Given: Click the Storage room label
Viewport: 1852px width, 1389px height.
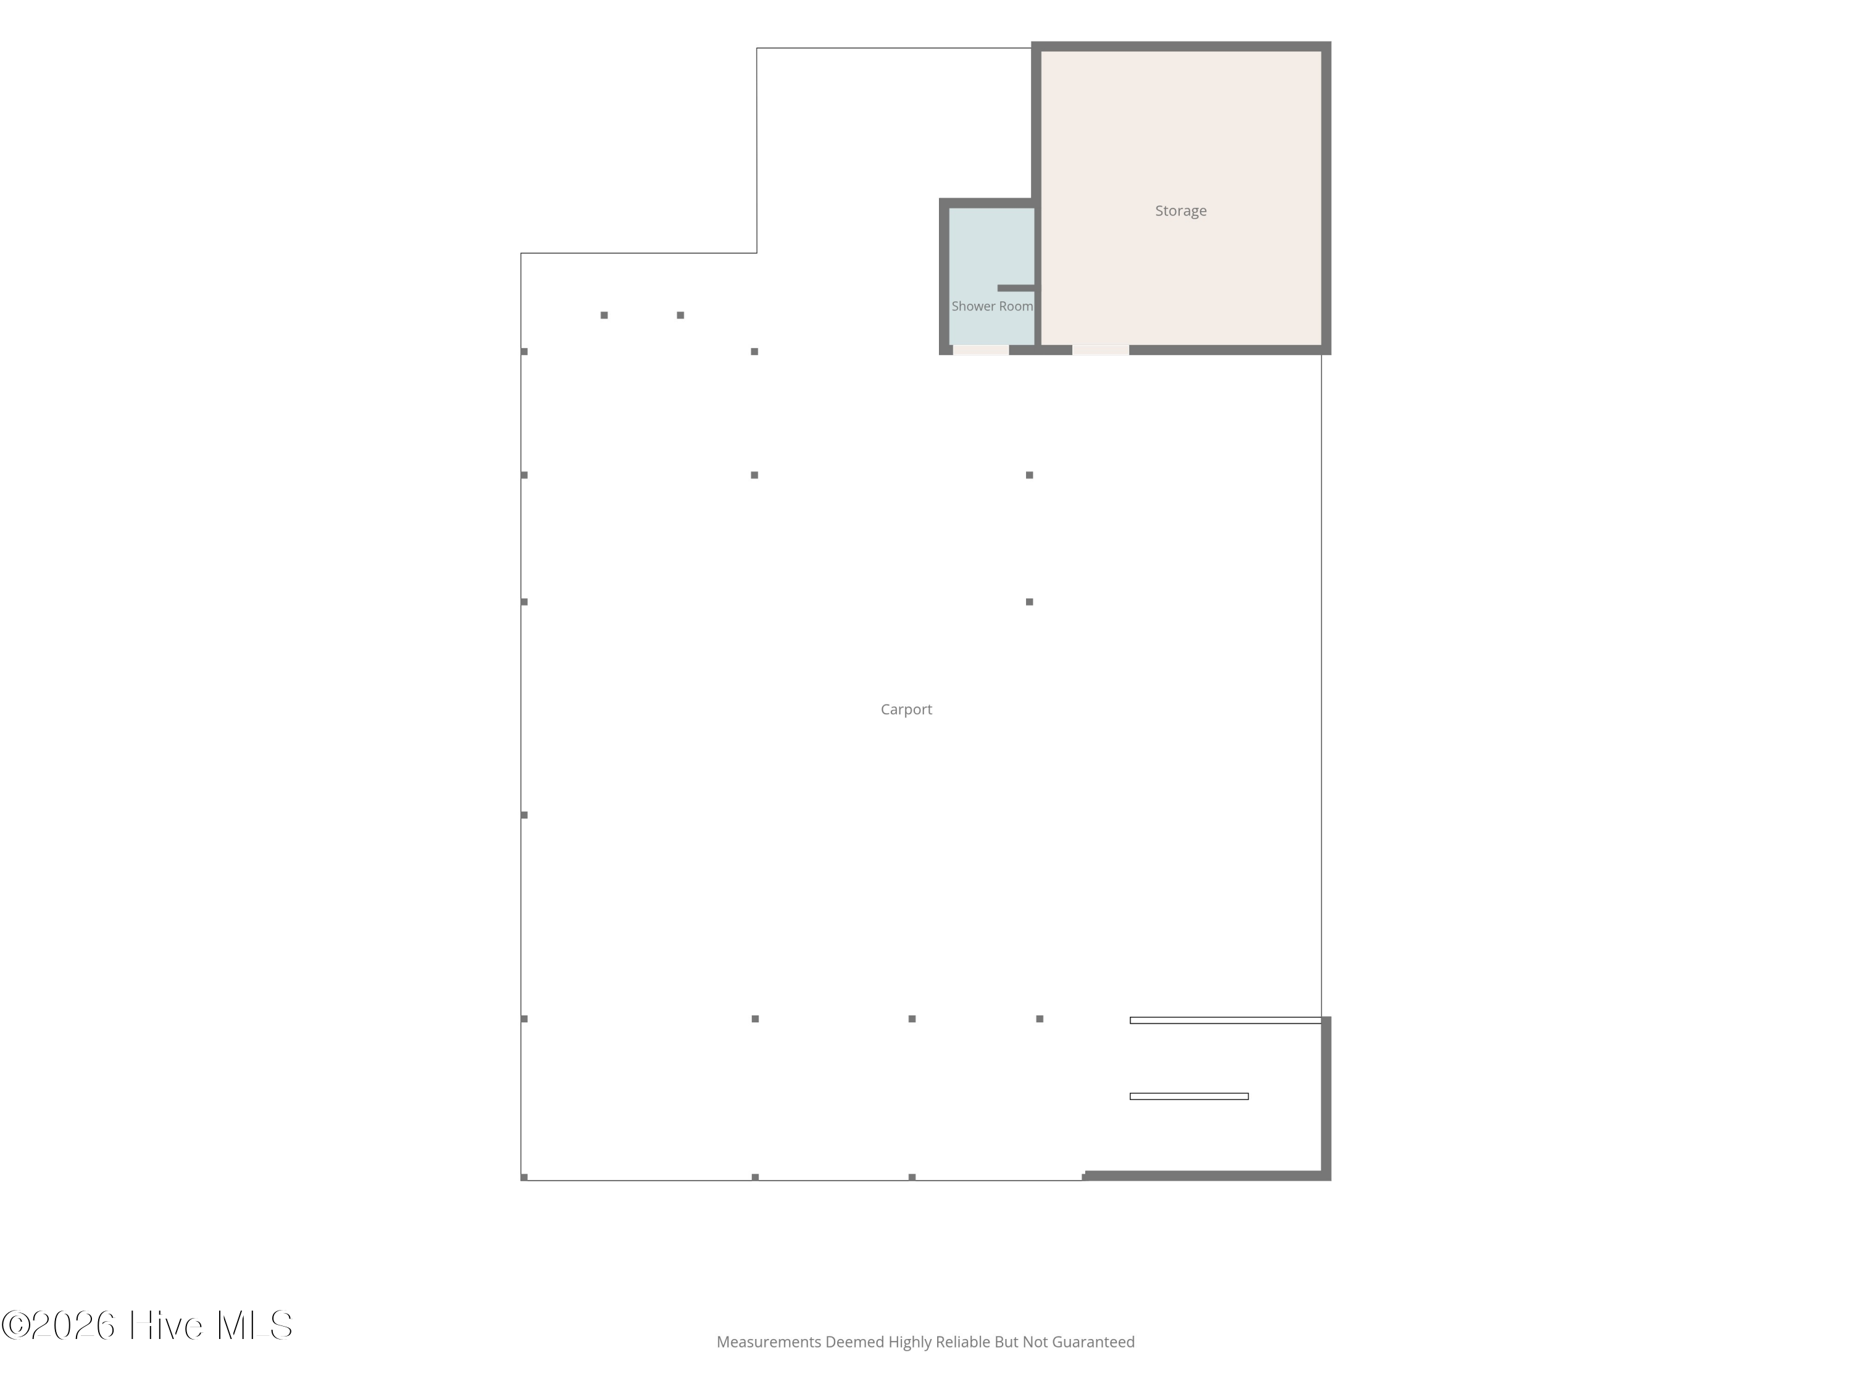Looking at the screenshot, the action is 1180,211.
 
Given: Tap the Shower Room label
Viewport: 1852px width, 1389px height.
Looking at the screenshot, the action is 992,306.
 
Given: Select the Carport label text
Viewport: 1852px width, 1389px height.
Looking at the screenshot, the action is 906,710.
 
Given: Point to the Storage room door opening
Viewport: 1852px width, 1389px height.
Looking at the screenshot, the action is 1100,350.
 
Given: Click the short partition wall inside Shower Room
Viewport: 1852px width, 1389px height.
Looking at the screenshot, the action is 1016,288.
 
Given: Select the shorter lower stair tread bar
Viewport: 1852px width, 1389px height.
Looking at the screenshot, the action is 1189,1096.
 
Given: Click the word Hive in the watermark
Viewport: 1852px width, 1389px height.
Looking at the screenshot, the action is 166,1325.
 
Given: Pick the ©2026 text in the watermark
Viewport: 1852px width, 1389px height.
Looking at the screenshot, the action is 58,1325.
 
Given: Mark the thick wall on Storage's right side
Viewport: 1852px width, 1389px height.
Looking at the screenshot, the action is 1326,198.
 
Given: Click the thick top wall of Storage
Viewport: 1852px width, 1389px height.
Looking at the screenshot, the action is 1180,46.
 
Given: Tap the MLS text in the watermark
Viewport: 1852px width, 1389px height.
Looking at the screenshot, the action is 254,1325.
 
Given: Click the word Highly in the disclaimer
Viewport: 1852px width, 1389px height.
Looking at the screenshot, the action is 909,1342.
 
